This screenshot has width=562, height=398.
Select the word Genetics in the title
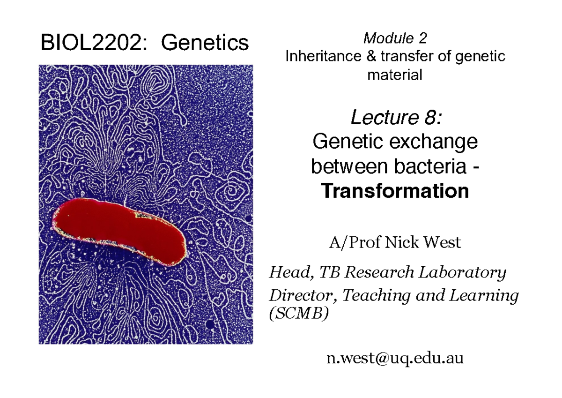point(205,43)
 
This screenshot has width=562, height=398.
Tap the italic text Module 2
point(395,38)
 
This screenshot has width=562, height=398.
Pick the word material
point(395,74)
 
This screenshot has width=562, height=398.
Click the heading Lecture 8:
point(395,118)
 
